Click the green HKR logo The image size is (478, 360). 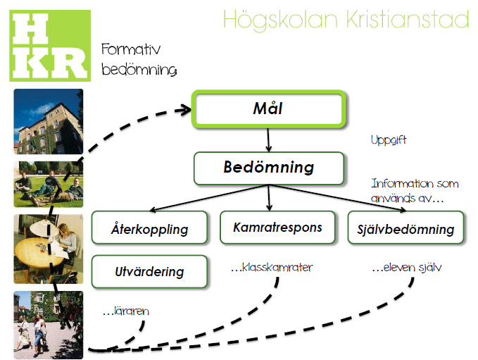(x=50, y=46)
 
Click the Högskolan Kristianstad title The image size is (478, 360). (x=346, y=20)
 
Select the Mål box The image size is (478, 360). (x=269, y=109)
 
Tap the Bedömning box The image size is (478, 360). (x=269, y=168)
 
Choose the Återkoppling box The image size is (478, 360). (x=149, y=228)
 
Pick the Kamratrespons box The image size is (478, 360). (x=277, y=228)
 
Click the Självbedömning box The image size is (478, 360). (x=405, y=228)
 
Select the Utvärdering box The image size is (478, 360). (x=149, y=271)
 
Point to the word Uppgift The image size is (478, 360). (x=389, y=140)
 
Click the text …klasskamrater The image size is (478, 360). (x=272, y=267)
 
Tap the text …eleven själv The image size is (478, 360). (x=407, y=267)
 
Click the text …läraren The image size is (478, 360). (x=126, y=311)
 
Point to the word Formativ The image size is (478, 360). (x=131, y=49)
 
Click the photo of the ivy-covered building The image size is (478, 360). (x=49, y=121)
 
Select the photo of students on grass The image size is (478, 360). (x=49, y=185)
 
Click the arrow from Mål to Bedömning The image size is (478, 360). (x=268, y=139)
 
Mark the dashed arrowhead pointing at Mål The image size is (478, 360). (x=184, y=110)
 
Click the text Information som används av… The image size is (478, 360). (x=415, y=191)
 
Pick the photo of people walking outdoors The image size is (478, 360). (x=49, y=325)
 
